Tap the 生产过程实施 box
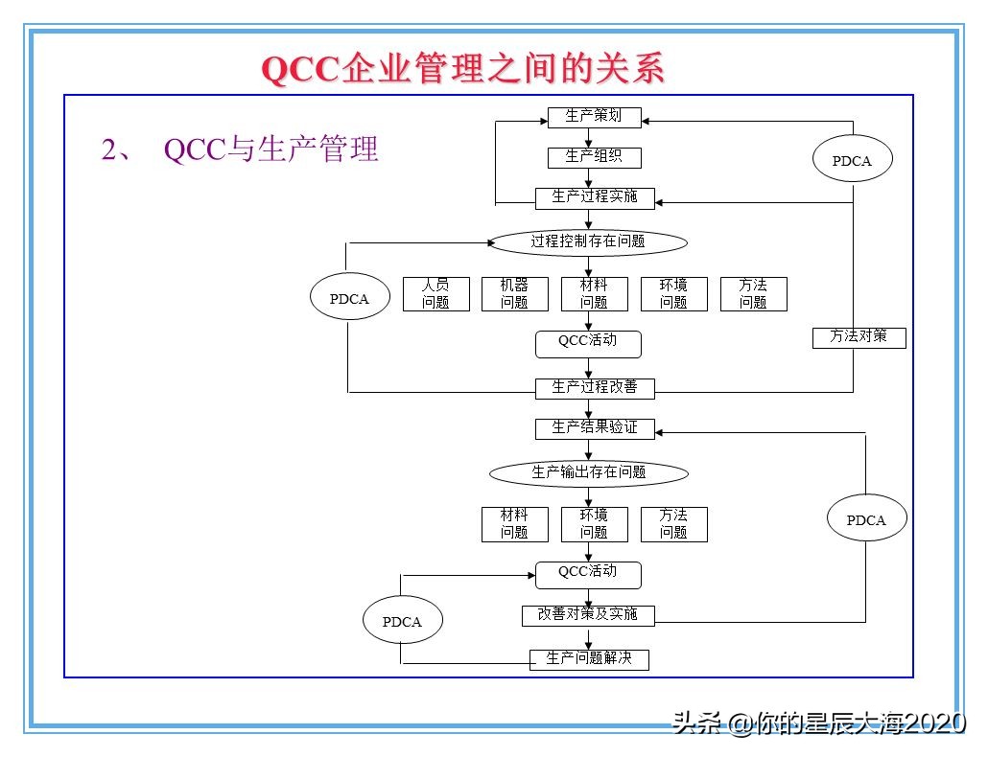594,197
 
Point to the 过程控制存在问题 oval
588,242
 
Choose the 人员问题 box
435,294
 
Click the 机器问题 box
514,294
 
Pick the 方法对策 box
859,337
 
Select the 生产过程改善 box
594,388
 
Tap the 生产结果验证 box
594,428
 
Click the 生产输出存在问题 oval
588,473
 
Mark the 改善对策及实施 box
588,615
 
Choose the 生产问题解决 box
589,659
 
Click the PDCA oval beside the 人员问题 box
349,299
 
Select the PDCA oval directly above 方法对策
852,161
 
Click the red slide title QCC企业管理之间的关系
462,70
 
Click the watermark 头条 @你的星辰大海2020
818,723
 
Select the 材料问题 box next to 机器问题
594,294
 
